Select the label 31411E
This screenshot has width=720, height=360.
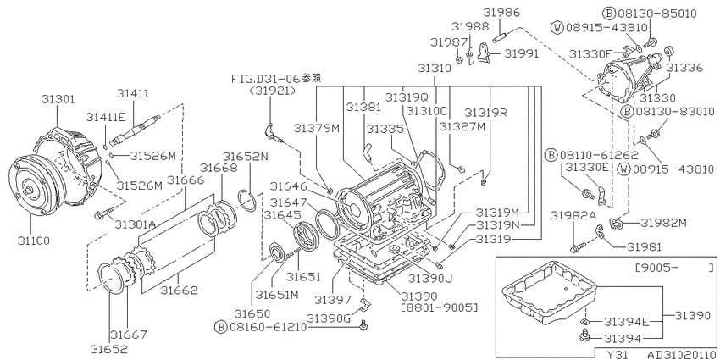coord(106,117)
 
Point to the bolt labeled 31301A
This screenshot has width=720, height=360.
coord(102,214)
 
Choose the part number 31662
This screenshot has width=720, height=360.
coord(179,291)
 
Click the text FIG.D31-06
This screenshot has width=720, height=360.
coord(266,79)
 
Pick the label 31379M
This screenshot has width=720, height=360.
coord(317,128)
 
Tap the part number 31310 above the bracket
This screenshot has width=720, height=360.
coord(435,69)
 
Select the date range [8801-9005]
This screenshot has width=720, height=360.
coord(439,307)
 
